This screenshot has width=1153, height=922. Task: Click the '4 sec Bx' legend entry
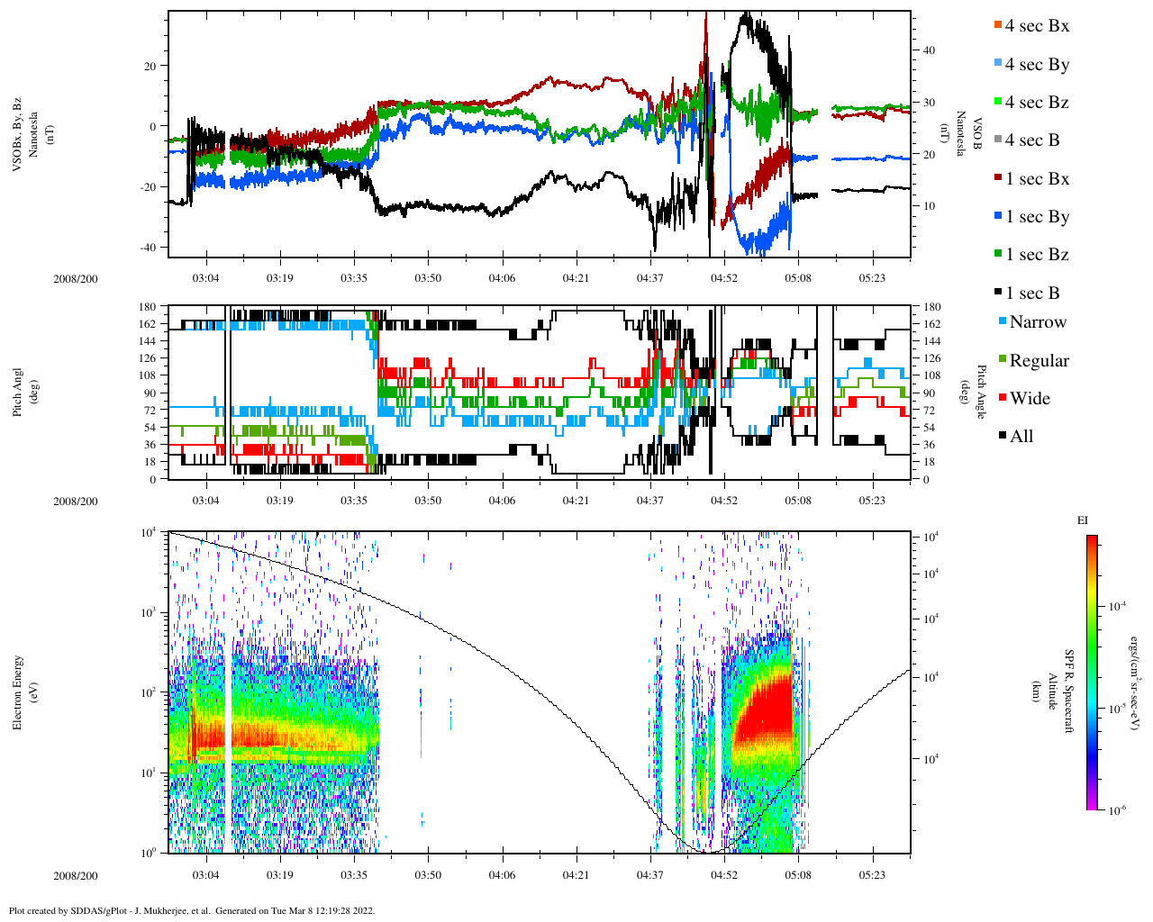(1037, 26)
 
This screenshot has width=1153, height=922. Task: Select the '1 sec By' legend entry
(1037, 217)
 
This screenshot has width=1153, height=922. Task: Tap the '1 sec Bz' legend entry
(1037, 255)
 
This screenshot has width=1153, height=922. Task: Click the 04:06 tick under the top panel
(502, 278)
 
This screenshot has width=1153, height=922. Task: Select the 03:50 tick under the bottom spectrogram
(428, 875)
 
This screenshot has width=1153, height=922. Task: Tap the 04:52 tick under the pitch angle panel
(724, 501)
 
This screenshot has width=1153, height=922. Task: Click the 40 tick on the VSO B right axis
(929, 50)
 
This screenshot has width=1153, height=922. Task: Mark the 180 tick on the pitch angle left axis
(147, 307)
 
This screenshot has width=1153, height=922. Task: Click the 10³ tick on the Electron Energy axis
(150, 613)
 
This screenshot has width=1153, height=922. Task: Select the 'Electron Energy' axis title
(18, 691)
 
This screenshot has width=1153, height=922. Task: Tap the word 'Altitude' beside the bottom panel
(1051, 691)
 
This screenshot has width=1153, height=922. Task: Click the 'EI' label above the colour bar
(1083, 520)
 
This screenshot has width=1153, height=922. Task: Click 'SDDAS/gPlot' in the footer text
(96, 910)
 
